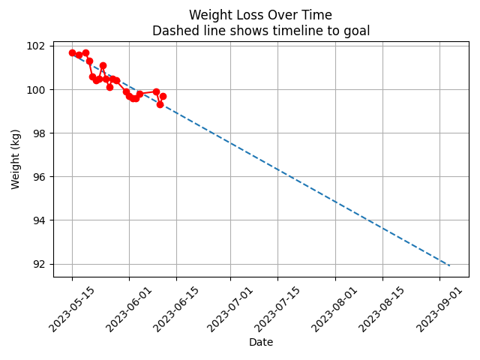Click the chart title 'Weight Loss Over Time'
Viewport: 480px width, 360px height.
point(260,15)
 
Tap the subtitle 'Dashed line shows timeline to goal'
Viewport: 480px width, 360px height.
point(260,31)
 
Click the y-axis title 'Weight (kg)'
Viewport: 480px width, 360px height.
point(16,159)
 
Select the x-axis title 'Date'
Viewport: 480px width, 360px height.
point(260,342)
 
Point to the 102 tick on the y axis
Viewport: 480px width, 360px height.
point(37,46)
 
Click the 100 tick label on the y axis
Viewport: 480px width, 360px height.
point(37,89)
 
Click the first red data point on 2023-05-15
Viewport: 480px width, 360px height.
point(72,52)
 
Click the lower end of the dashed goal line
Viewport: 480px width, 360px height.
point(450,265)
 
